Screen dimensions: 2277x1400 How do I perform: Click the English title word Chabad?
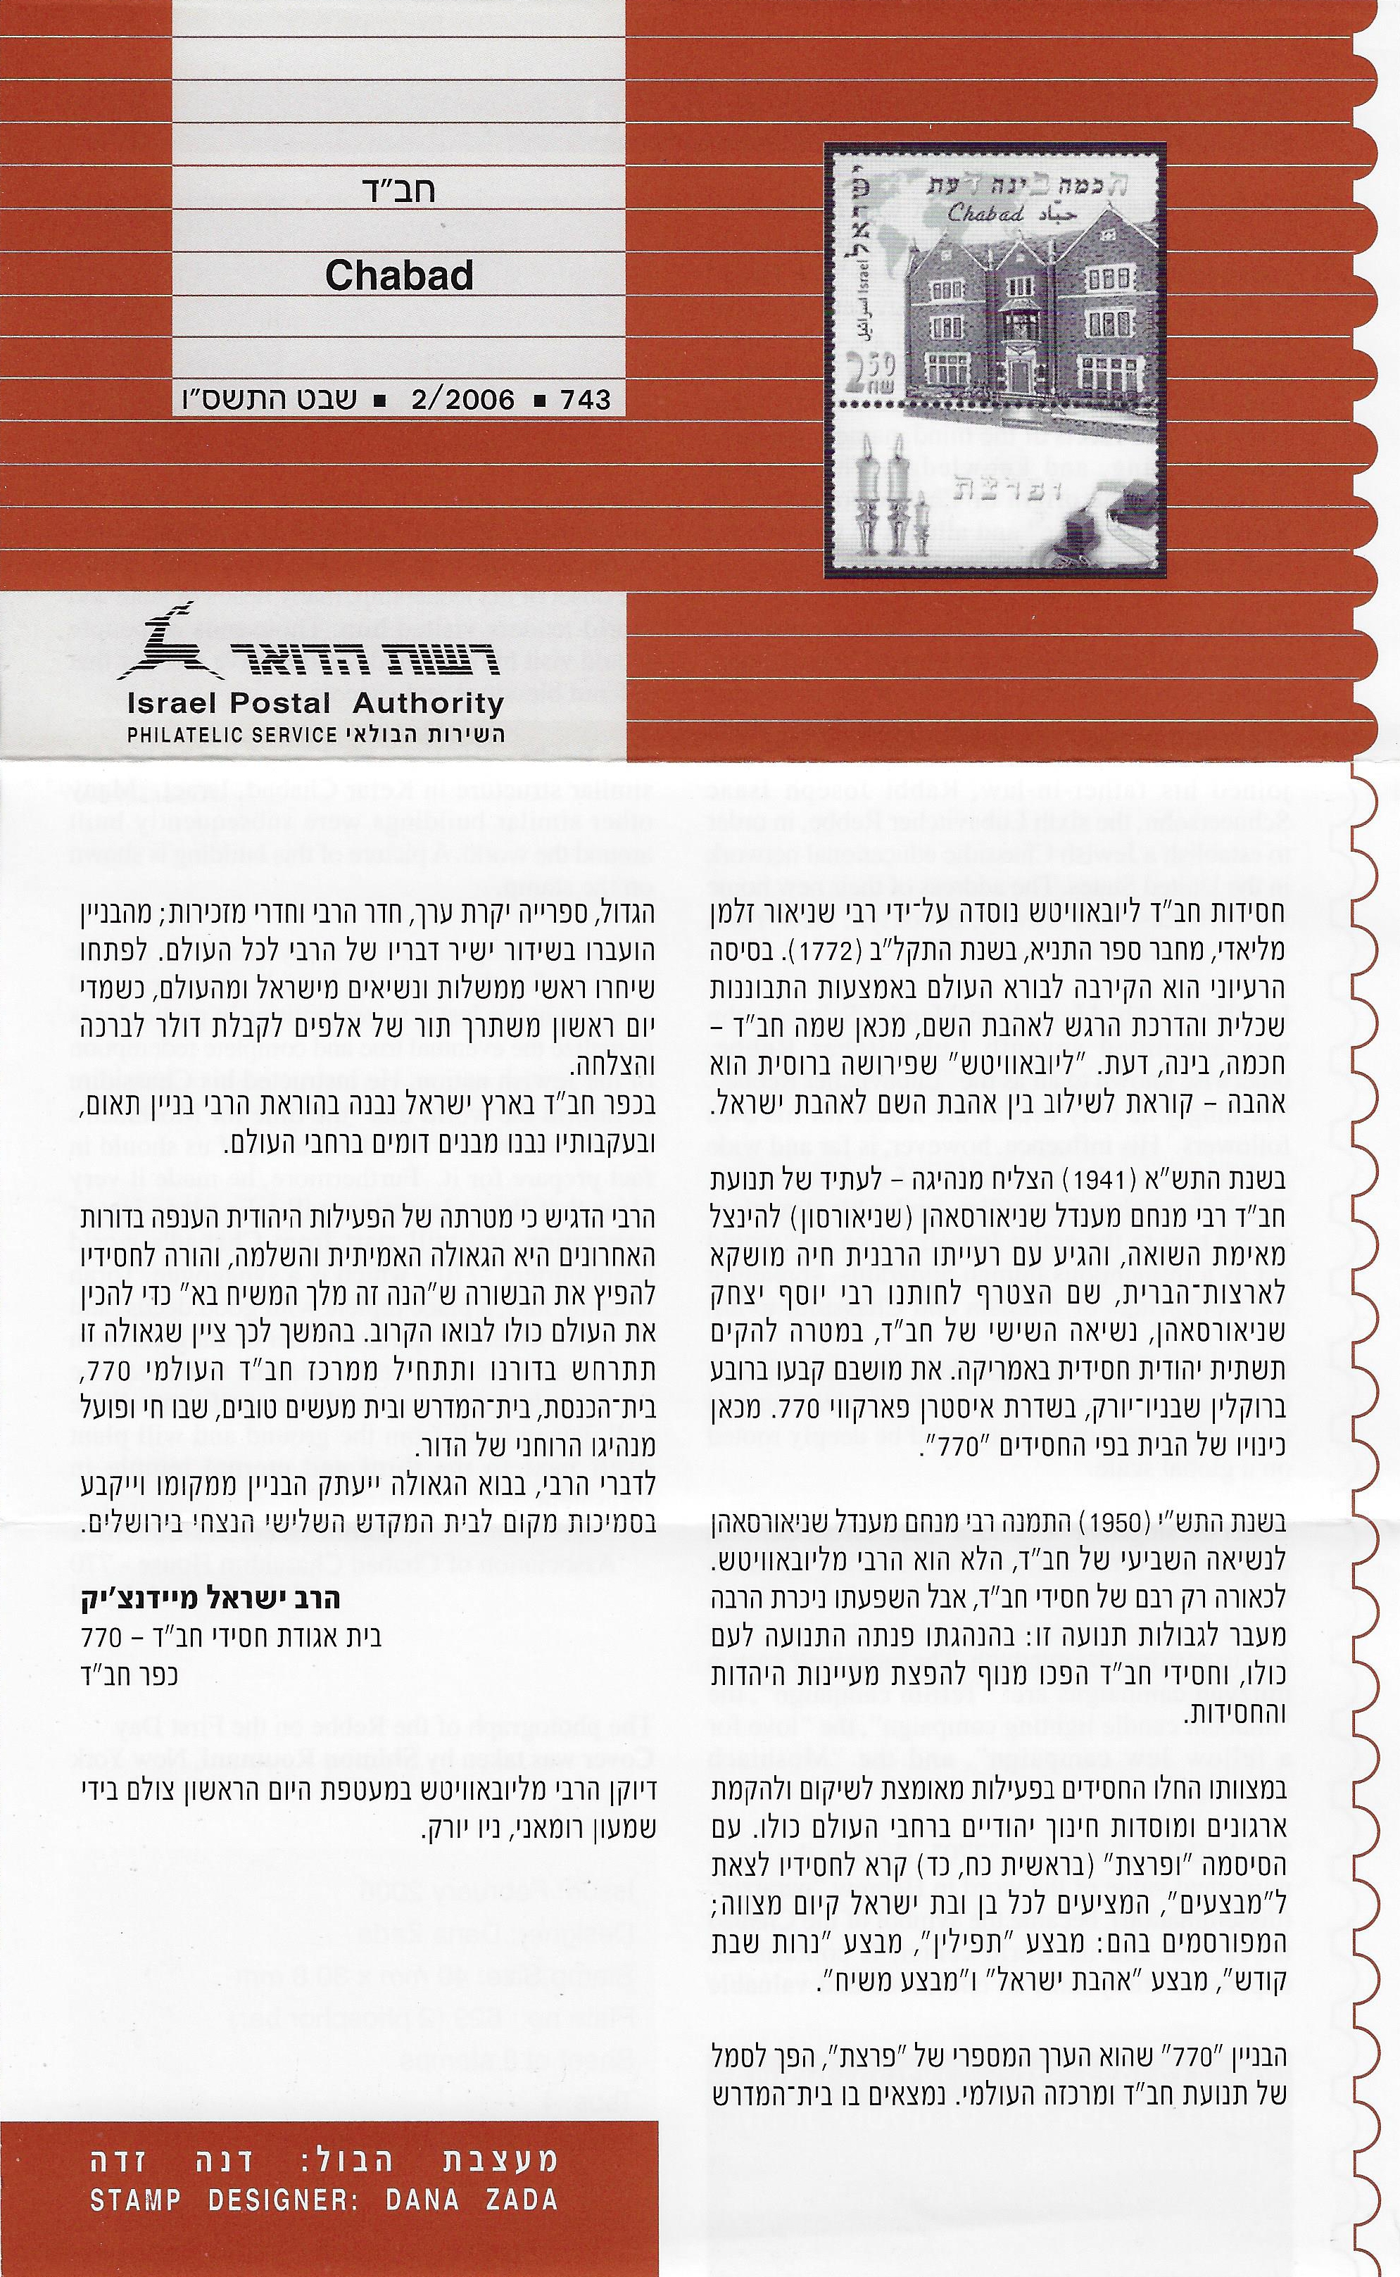399,276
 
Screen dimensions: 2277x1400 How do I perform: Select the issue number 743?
585,400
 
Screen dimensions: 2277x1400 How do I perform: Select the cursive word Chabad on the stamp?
986,214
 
